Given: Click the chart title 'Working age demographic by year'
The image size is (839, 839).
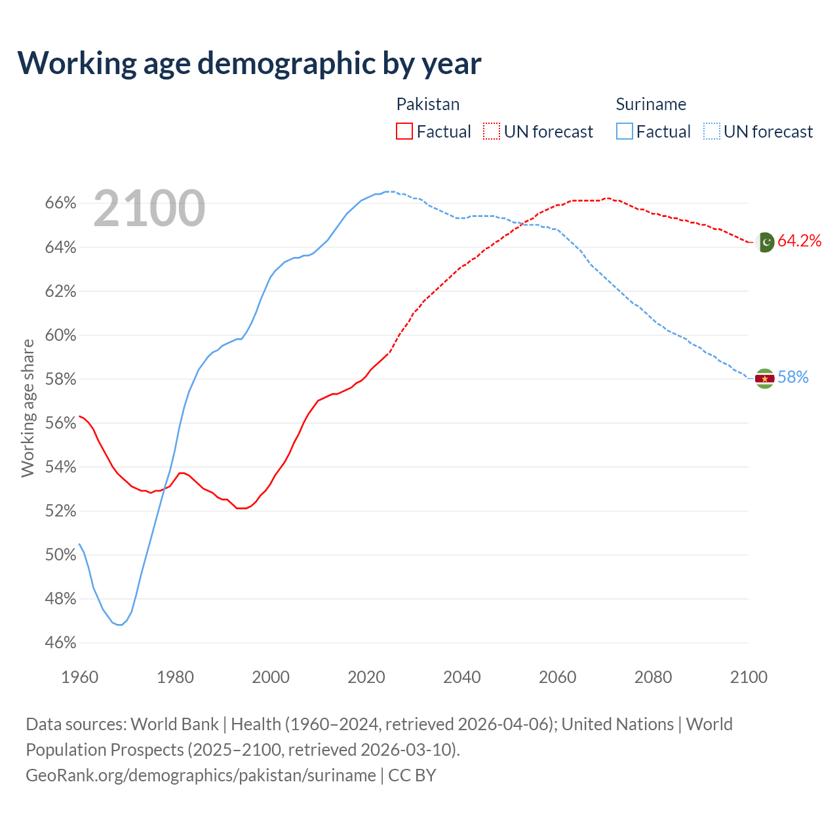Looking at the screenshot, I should [x=249, y=63].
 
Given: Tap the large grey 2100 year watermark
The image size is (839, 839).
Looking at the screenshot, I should [x=149, y=208].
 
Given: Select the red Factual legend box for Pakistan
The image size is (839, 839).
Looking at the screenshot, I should [x=404, y=132].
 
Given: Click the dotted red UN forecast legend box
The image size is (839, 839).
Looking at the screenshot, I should [x=492, y=132].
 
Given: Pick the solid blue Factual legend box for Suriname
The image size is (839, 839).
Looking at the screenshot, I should [x=625, y=132].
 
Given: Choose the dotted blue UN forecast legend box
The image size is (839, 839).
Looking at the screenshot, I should [x=712, y=132].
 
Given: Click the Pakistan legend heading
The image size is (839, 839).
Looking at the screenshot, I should [x=428, y=104].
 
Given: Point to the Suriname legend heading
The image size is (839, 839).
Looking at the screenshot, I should [x=651, y=104].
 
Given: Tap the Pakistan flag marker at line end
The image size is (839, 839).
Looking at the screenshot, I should [x=764, y=242].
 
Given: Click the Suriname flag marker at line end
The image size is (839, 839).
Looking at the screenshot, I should [x=764, y=378].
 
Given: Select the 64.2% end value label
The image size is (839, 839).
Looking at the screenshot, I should [x=800, y=241].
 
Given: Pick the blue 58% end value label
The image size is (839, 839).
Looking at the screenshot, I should [x=793, y=378].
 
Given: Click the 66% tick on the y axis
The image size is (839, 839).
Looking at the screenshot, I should [x=60, y=203].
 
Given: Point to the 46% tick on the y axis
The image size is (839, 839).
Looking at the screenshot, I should [x=60, y=643].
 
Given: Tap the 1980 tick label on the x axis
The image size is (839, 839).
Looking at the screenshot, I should [x=175, y=677].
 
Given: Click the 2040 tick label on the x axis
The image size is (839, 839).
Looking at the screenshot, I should [x=462, y=677].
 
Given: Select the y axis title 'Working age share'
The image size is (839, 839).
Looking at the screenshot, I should [x=28, y=408].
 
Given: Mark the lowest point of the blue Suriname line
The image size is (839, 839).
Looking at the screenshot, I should [x=119, y=625].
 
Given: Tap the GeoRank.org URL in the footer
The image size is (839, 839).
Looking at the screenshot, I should [x=201, y=775].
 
